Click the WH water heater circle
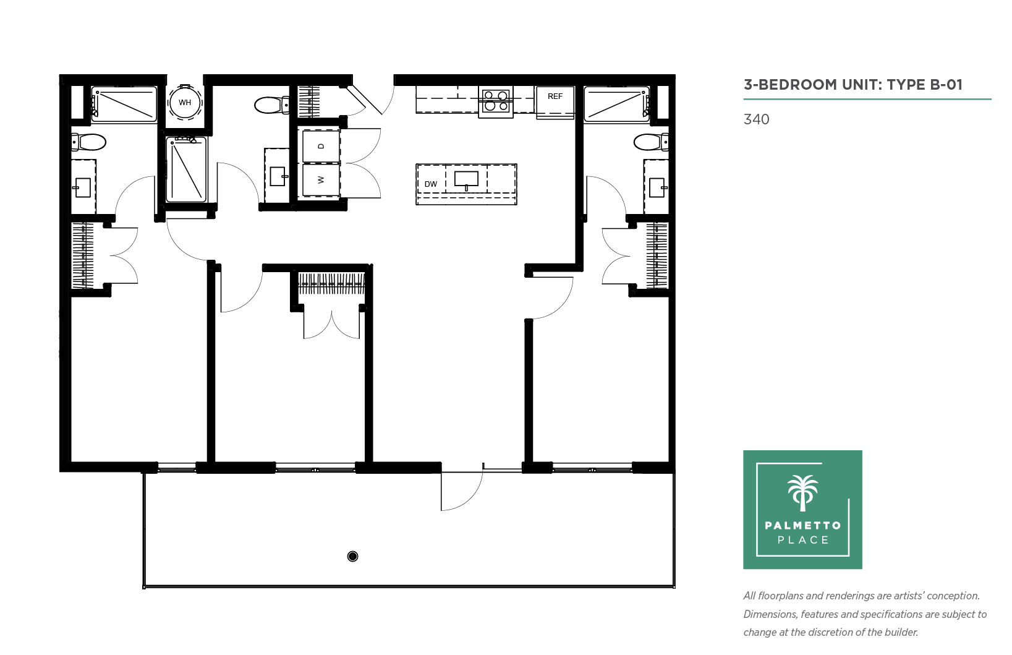pyautogui.click(x=185, y=103)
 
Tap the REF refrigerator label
pyautogui.click(x=555, y=96)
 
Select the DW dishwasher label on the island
pyautogui.click(x=430, y=184)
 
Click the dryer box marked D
pyautogui.click(x=321, y=145)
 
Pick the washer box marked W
pyautogui.click(x=321, y=180)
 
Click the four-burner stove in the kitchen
pyautogui.click(x=496, y=101)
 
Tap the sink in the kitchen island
pyautogui.click(x=466, y=180)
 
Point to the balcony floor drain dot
pyautogui.click(x=352, y=557)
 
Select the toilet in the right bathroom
pyautogui.click(x=651, y=142)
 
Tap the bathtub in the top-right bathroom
pyautogui.click(x=617, y=105)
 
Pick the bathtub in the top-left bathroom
pyautogui.click(x=124, y=105)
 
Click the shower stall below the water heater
pyautogui.click(x=187, y=169)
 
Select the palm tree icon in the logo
pyautogui.click(x=802, y=493)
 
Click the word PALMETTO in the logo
pyautogui.click(x=803, y=525)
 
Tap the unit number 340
pyautogui.click(x=756, y=119)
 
